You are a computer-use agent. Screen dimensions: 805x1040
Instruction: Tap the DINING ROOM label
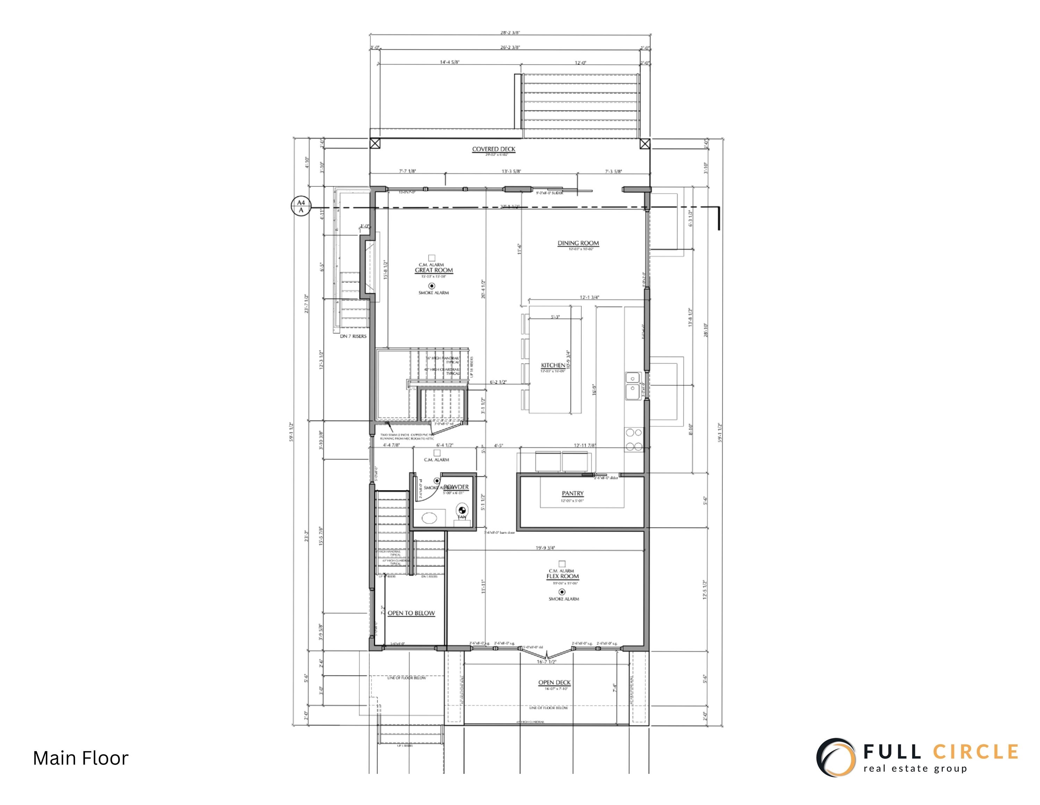pyautogui.click(x=578, y=243)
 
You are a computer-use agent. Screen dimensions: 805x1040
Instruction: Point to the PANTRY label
pyautogui.click(x=572, y=493)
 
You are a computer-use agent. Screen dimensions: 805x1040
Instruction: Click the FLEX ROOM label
pyautogui.click(x=562, y=576)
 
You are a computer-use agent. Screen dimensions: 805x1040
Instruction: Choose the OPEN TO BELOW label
pyautogui.click(x=411, y=613)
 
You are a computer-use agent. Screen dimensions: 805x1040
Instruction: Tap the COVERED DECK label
pyautogui.click(x=493, y=149)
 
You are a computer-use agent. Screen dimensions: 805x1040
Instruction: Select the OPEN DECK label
pyautogui.click(x=554, y=683)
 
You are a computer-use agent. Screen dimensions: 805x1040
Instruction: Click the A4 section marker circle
pyautogui.click(x=300, y=206)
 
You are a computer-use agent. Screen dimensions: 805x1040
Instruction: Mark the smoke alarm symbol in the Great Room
pyautogui.click(x=432, y=286)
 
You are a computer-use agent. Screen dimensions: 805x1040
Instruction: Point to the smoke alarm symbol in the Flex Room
pyautogui.click(x=562, y=592)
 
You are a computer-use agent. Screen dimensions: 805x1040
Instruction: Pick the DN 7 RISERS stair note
pyautogui.click(x=353, y=336)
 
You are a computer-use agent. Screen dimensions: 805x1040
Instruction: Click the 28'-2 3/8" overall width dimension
pyautogui.click(x=510, y=33)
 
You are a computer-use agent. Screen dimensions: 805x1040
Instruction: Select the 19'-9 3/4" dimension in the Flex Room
pyautogui.click(x=545, y=548)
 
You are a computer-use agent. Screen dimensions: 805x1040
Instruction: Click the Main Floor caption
pyautogui.click(x=80, y=758)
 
